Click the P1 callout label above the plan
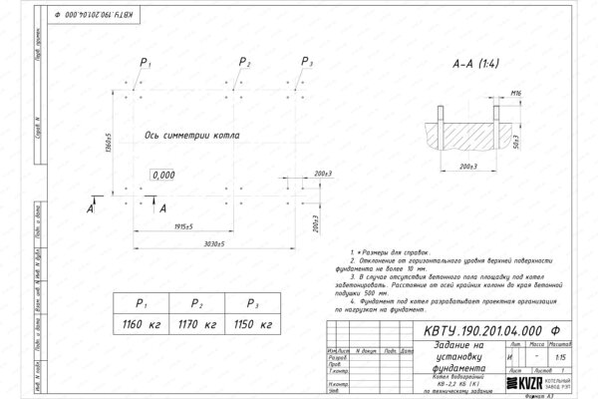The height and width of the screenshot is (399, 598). [x=146, y=63]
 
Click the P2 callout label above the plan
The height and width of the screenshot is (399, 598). [x=246, y=63]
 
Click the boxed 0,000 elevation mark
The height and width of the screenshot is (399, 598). [x=162, y=175]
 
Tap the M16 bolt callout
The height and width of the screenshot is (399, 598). [x=516, y=92]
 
